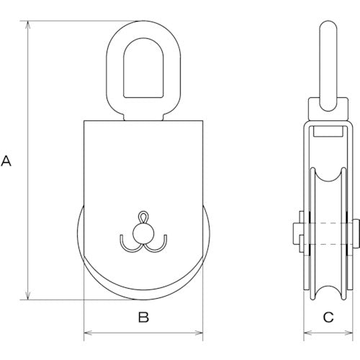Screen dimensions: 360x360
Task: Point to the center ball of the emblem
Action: (143, 232)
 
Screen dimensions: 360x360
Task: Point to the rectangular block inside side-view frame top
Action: (328, 132)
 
